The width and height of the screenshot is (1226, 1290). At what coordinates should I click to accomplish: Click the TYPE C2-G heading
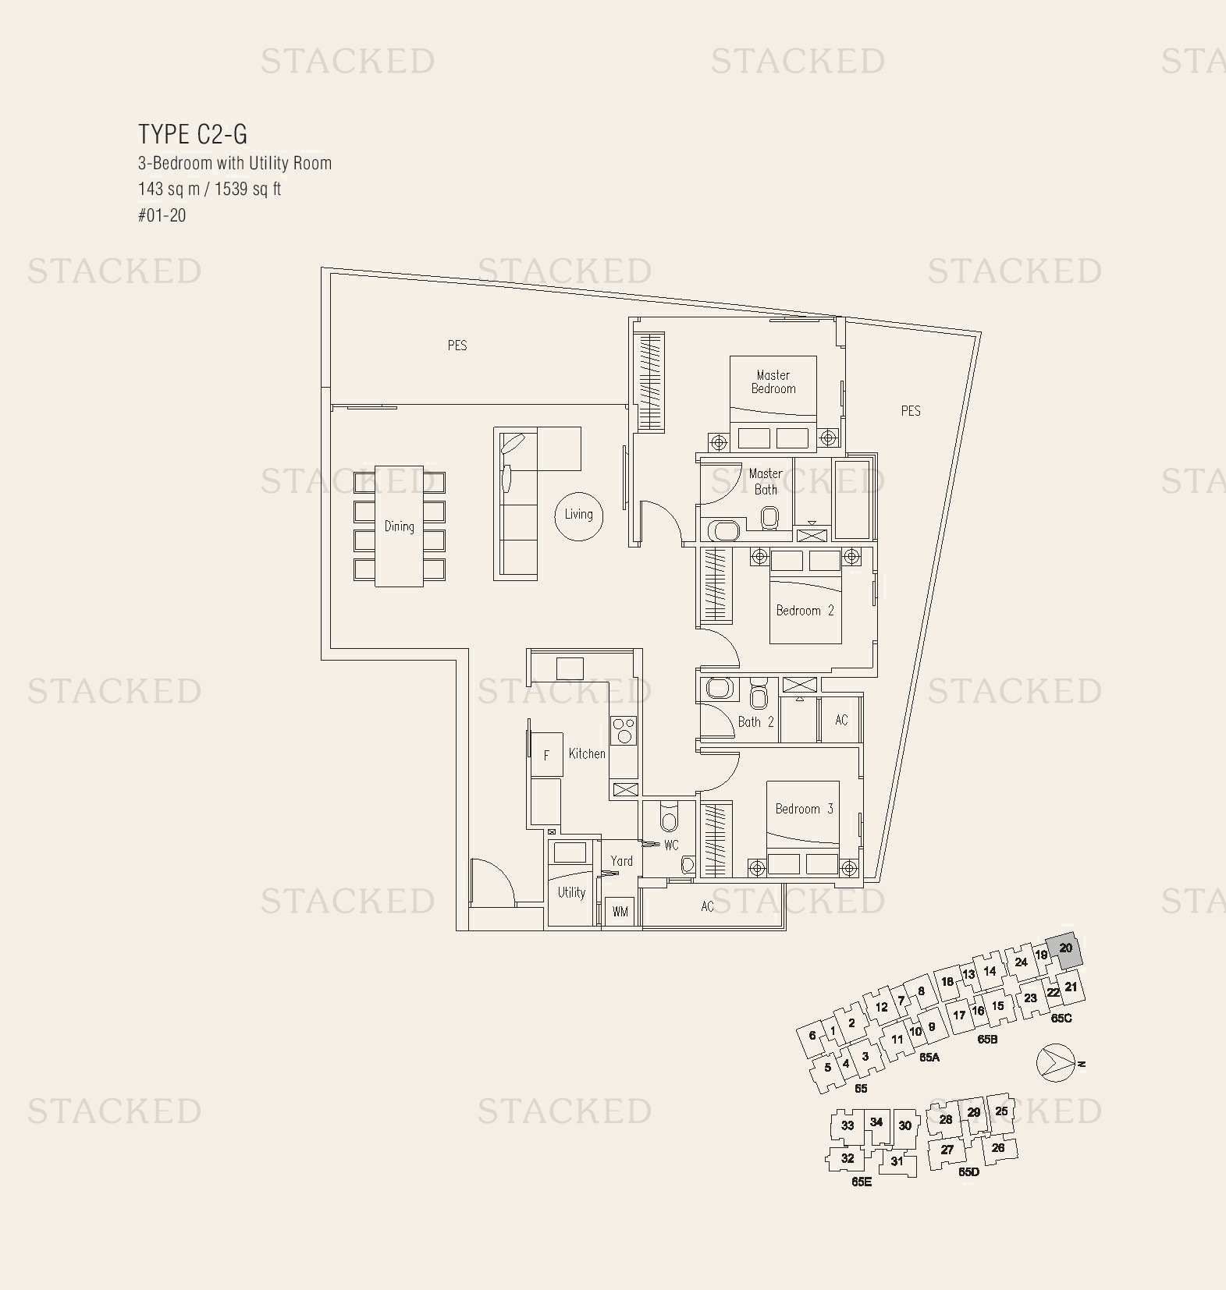[x=193, y=134]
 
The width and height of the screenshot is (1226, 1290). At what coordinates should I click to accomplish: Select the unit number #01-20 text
[x=162, y=215]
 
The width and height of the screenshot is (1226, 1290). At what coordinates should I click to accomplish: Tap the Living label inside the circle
[x=578, y=514]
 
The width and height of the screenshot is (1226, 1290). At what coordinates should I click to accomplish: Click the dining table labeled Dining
[x=399, y=526]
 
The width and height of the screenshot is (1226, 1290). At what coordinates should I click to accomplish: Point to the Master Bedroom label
[x=773, y=381]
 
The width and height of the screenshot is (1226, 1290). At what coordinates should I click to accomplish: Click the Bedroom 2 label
[x=805, y=610]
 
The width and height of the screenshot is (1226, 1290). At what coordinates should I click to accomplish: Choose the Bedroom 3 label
[x=804, y=809]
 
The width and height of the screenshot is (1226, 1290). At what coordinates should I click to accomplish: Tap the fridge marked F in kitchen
[x=546, y=754]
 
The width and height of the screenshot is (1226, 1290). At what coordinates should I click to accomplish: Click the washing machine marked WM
[x=620, y=911]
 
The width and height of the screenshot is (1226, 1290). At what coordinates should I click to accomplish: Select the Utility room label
[x=571, y=892]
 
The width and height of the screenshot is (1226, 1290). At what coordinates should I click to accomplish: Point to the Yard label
[x=622, y=861]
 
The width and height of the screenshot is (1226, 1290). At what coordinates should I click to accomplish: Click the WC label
[x=671, y=845]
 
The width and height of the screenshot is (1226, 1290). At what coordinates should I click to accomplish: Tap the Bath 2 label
[x=755, y=721]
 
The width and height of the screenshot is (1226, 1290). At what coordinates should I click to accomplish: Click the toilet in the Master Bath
[x=769, y=517]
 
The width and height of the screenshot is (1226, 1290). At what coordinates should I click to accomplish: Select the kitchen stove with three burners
[x=624, y=731]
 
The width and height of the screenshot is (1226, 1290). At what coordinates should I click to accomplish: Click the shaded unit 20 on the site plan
[x=1065, y=949]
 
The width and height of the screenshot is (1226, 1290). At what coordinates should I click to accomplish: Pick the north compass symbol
[x=1056, y=1062]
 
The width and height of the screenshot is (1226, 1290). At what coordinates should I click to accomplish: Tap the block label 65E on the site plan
[x=861, y=1182]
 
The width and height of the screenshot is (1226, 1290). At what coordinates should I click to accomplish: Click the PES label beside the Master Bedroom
[x=910, y=410]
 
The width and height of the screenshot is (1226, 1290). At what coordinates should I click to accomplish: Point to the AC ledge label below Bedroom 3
[x=707, y=906]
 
